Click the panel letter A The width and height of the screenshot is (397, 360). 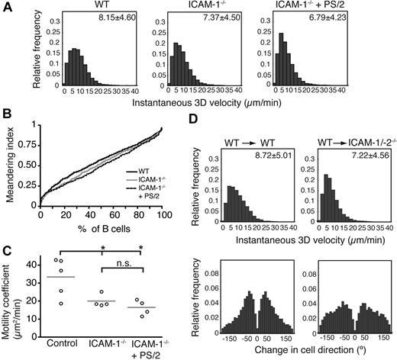click(x=7, y=8)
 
